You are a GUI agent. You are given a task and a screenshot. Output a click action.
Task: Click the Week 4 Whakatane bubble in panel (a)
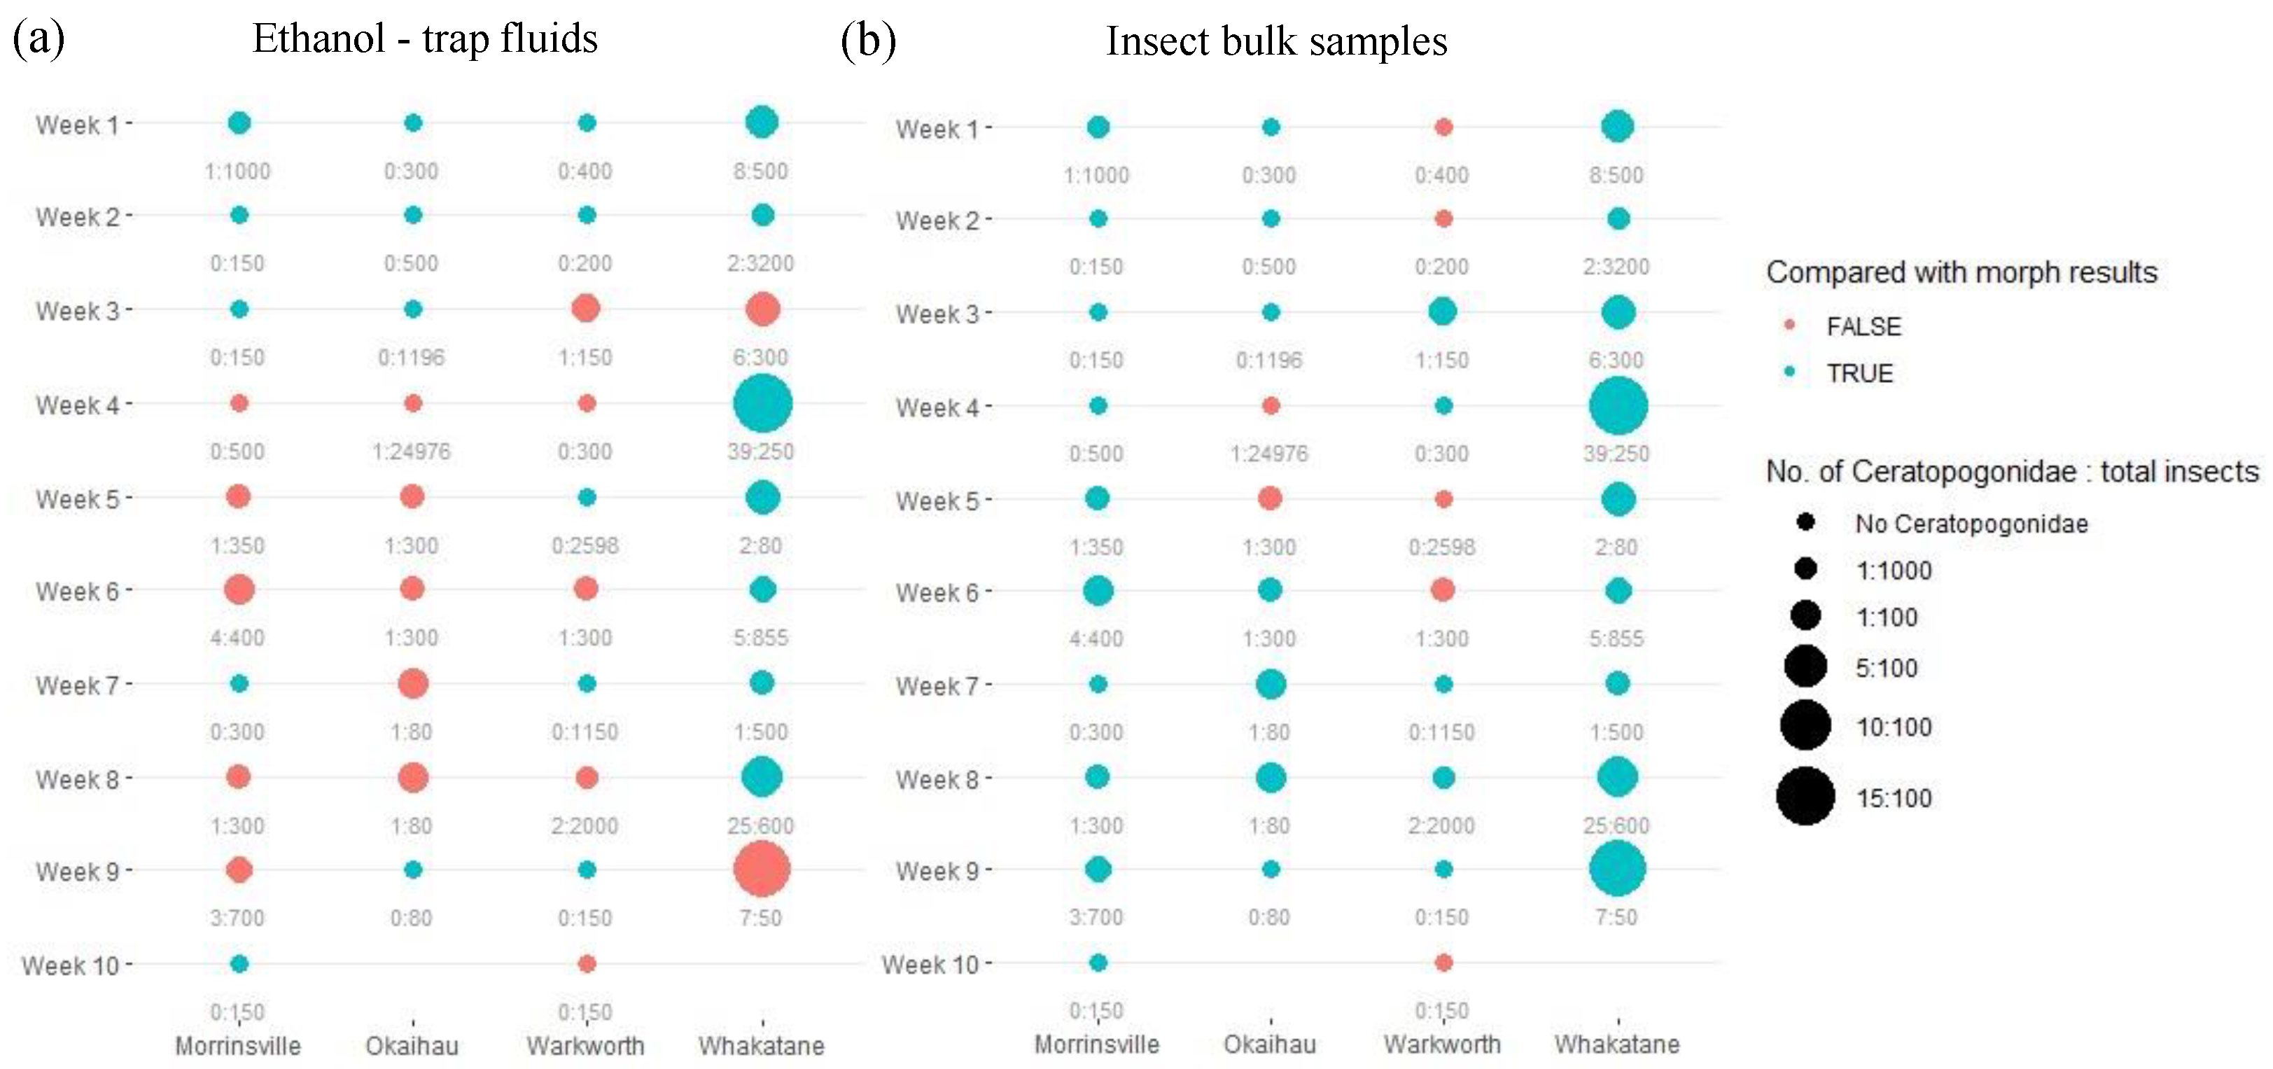click(762, 403)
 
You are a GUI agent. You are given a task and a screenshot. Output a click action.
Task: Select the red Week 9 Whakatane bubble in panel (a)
click(762, 869)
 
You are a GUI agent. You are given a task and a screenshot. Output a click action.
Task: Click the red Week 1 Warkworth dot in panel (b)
click(1443, 127)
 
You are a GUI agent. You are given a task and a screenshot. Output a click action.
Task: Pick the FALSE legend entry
click(1863, 327)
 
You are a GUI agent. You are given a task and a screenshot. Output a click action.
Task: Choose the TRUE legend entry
click(1859, 373)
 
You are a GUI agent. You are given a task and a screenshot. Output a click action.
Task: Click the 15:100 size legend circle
click(1805, 796)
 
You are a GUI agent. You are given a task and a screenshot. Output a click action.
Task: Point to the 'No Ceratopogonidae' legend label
click(1971, 524)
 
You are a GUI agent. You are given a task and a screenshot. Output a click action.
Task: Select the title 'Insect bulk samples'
click(1276, 41)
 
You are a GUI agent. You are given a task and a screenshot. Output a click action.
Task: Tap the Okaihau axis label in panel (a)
click(412, 1046)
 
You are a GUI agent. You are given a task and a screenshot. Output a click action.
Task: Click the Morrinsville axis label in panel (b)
click(1097, 1044)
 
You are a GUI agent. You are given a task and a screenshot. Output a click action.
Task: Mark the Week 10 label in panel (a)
click(71, 965)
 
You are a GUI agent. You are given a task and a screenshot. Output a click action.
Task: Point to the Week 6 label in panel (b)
click(937, 592)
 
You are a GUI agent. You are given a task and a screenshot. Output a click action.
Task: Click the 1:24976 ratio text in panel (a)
click(411, 452)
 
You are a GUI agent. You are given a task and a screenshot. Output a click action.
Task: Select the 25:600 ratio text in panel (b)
click(1616, 825)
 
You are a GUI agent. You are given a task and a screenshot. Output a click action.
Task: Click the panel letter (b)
click(868, 41)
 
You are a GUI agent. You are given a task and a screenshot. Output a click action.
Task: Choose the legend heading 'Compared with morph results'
click(1961, 272)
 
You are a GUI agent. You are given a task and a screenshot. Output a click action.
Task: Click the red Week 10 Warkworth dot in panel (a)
click(587, 963)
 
